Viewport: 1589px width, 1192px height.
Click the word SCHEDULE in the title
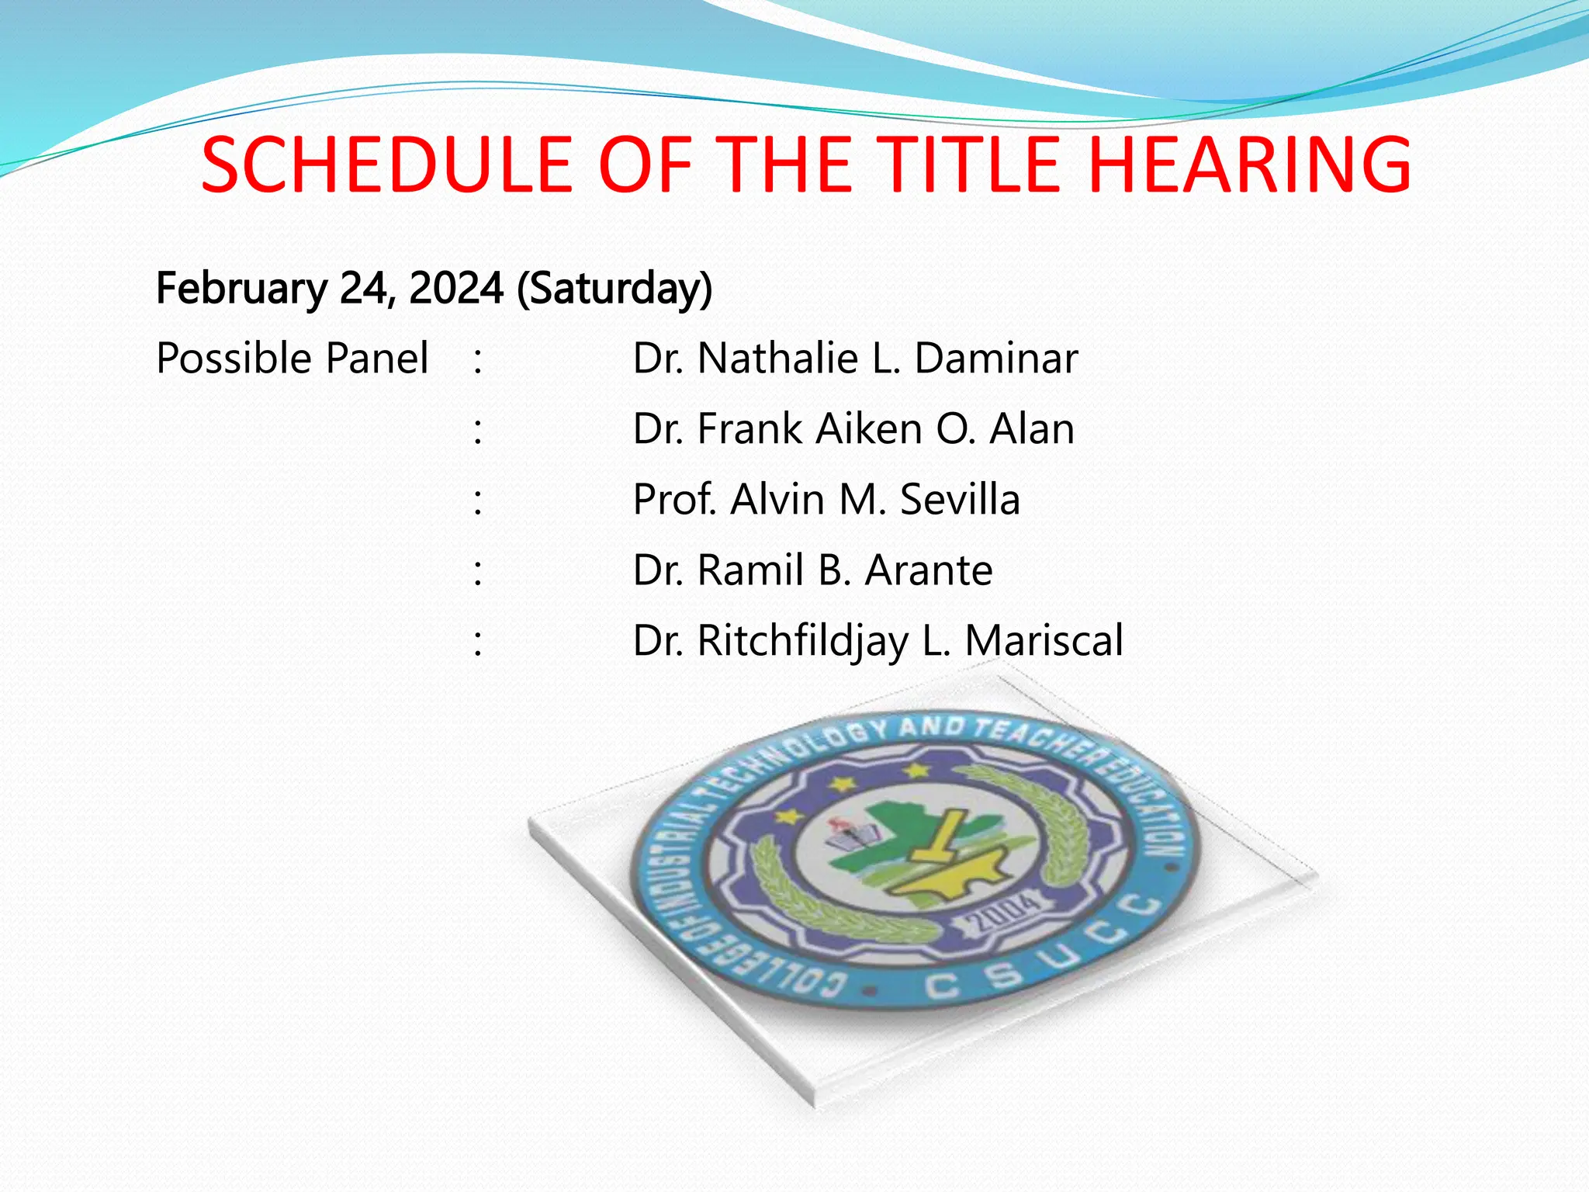coord(386,165)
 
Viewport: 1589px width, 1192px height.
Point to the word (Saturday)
coord(614,289)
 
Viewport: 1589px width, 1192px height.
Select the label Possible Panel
coord(292,359)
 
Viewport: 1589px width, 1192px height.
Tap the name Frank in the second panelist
coord(749,429)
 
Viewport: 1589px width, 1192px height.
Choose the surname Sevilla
coord(960,500)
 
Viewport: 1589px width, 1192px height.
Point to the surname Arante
coord(929,570)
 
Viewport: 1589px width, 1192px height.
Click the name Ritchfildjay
coord(803,642)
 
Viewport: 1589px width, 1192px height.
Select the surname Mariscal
coord(1044,641)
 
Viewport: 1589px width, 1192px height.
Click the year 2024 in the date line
coord(456,288)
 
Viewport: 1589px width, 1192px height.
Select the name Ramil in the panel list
coord(750,570)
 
